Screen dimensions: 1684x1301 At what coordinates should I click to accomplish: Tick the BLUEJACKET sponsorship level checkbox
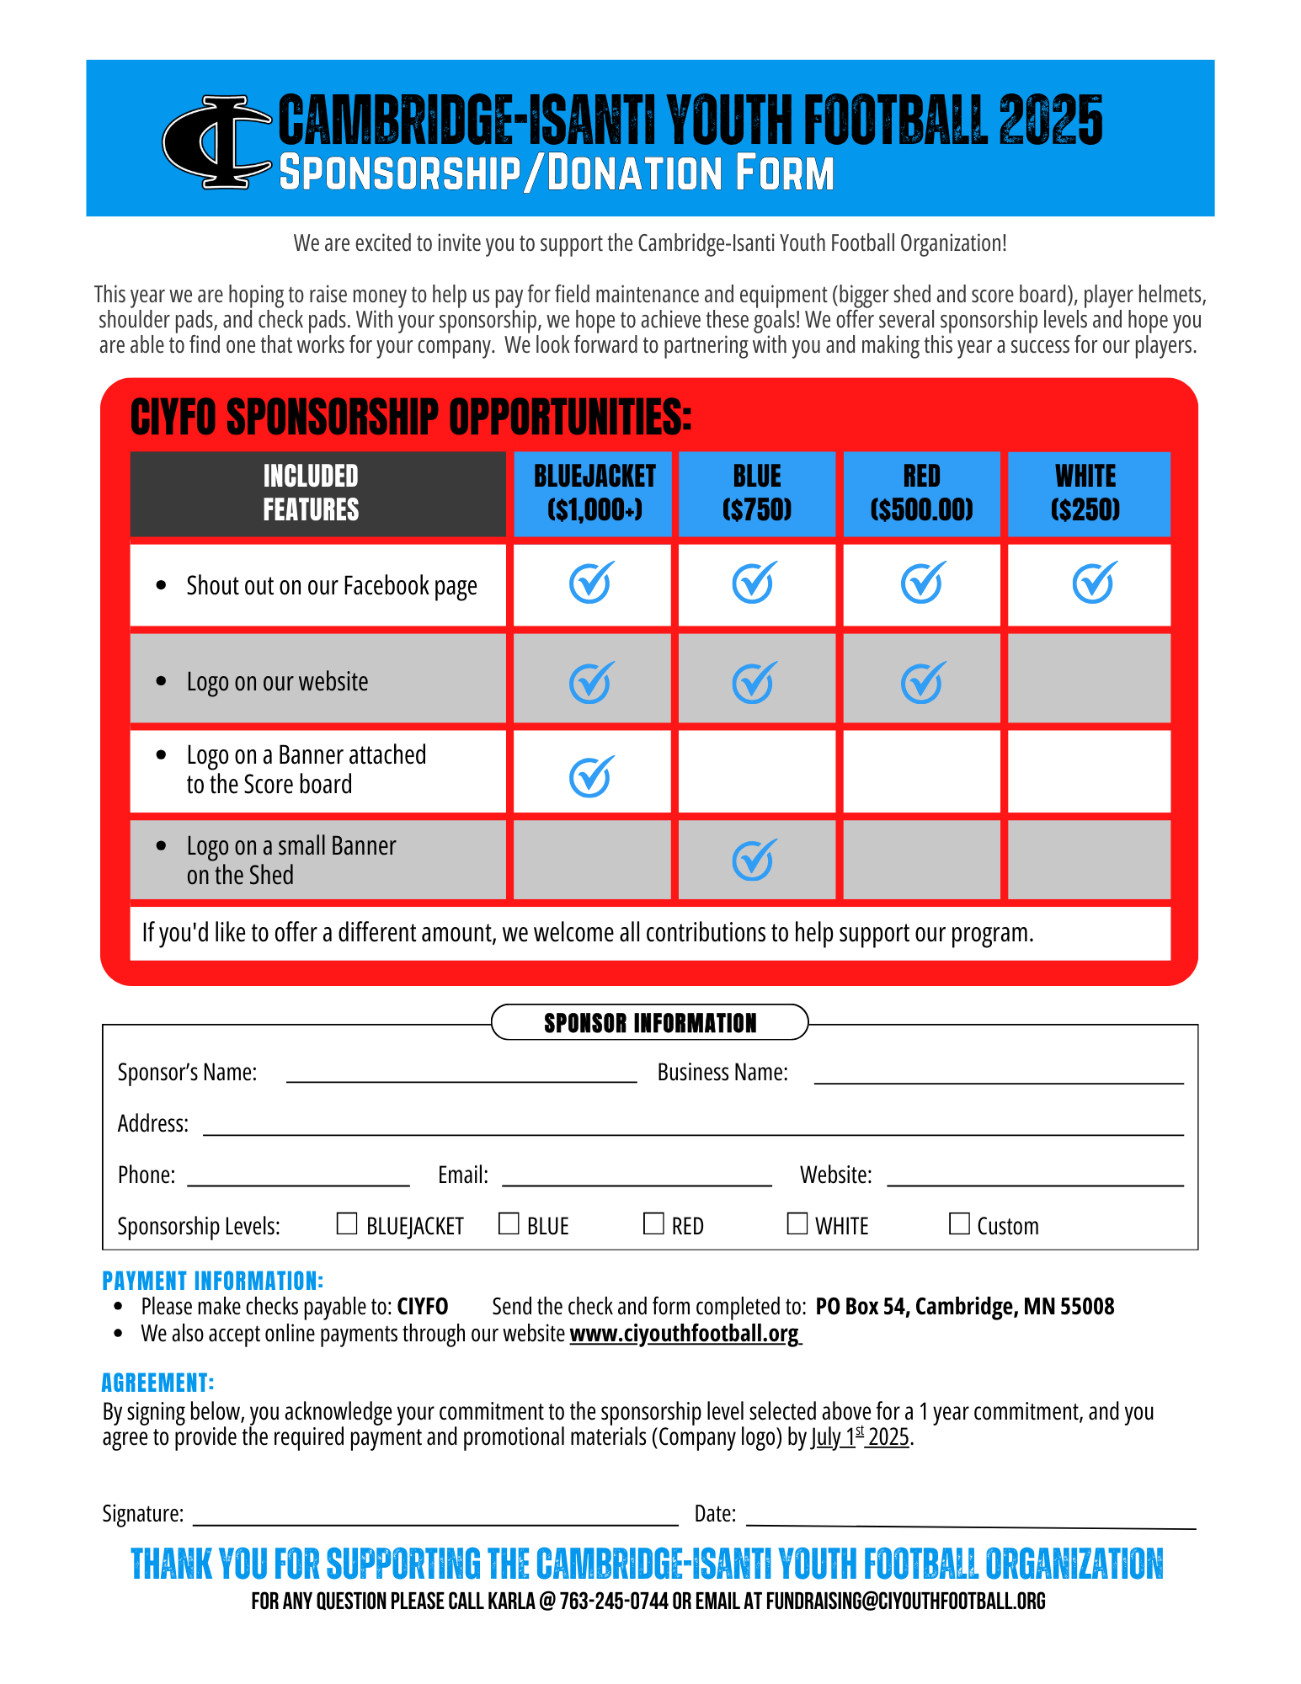(x=347, y=1223)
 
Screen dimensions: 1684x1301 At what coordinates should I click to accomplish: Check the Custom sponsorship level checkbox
(x=959, y=1223)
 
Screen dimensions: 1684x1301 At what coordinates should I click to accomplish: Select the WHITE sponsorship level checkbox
(x=797, y=1223)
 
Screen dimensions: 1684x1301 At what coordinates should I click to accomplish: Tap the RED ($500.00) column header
(x=921, y=493)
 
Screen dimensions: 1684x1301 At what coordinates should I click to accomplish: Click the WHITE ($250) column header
(x=1086, y=493)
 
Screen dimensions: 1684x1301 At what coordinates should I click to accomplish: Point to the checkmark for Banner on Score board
(x=591, y=775)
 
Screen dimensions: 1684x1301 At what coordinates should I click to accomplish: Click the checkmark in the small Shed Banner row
(x=754, y=859)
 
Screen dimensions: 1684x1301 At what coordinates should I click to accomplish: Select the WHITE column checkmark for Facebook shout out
(x=1094, y=583)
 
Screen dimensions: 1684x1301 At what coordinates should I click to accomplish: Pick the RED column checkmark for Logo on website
(x=922, y=682)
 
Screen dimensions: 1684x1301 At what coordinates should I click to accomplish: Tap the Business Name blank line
(x=998, y=1075)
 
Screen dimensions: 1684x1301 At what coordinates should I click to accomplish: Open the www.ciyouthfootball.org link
(x=685, y=1334)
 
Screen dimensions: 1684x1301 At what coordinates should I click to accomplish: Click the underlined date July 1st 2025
(x=861, y=1437)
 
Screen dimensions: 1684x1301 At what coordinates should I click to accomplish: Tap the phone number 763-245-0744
(x=614, y=1601)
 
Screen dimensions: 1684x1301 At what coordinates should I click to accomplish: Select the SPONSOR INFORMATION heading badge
(x=649, y=1022)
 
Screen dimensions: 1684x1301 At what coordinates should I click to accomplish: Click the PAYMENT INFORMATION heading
(x=212, y=1281)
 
